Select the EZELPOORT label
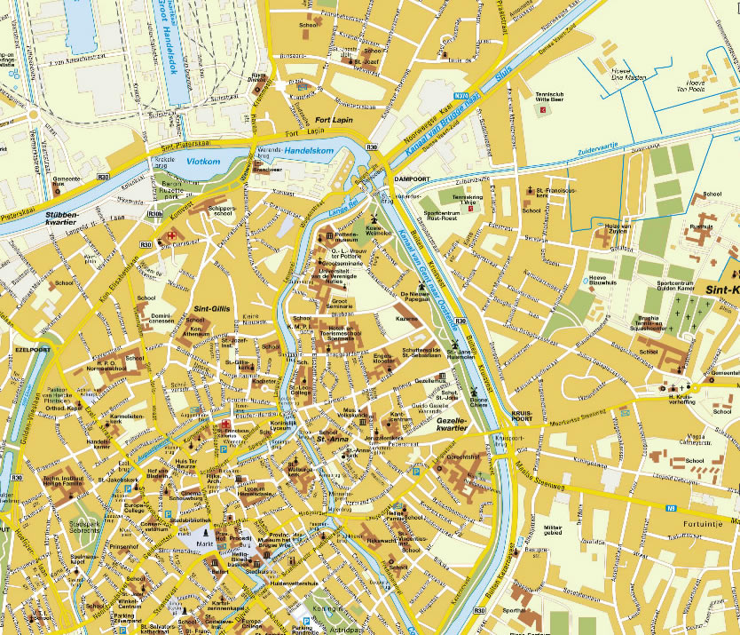[x=33, y=350]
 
